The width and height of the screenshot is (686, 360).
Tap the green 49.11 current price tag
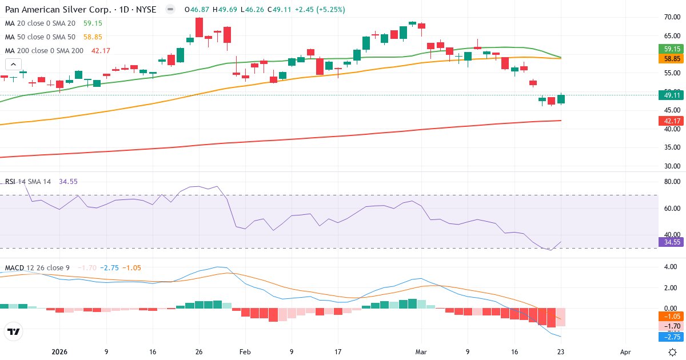pyautogui.click(x=672, y=96)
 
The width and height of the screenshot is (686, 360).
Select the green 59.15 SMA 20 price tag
pyautogui.click(x=672, y=49)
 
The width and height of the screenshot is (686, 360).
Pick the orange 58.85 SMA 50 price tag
pyautogui.click(x=672, y=58)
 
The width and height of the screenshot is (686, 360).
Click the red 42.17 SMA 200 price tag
pyautogui.click(x=672, y=121)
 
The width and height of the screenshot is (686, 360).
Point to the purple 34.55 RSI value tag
pyautogui.click(x=672, y=242)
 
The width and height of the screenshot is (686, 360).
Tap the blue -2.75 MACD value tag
pyautogui.click(x=672, y=337)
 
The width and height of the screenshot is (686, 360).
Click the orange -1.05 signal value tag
pyautogui.click(x=672, y=316)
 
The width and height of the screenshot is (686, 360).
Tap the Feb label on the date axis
pyautogui.click(x=245, y=352)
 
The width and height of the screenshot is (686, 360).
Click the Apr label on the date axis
pyautogui.click(x=625, y=352)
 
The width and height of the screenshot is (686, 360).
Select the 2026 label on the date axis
pyautogui.click(x=59, y=352)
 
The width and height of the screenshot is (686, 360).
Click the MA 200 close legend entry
pyautogui.click(x=45, y=50)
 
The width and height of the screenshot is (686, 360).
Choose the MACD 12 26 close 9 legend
pyautogui.click(x=37, y=267)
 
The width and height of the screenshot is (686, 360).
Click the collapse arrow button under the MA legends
pyautogui.click(x=14, y=64)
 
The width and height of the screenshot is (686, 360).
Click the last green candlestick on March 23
pyautogui.click(x=561, y=99)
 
